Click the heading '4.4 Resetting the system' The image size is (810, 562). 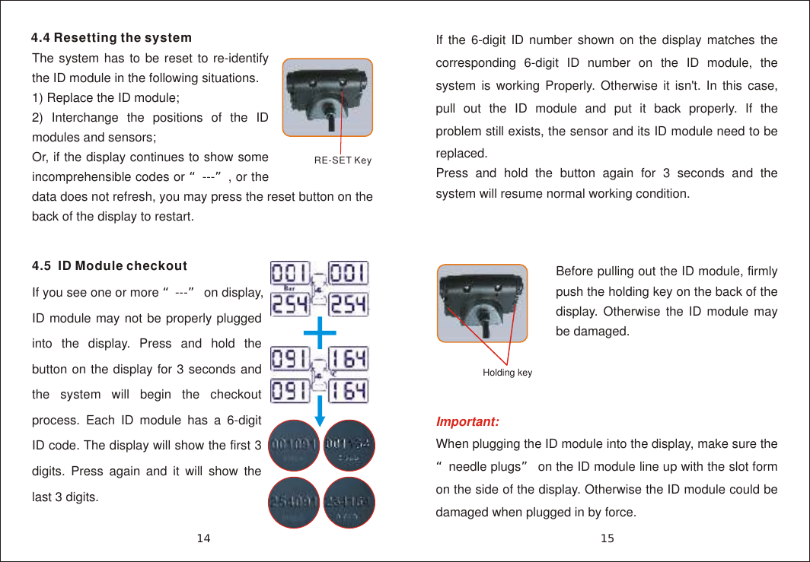[x=111, y=38]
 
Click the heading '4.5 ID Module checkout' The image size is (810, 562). [x=110, y=266]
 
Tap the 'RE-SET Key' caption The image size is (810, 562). [x=343, y=160]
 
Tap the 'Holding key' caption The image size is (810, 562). [x=507, y=373]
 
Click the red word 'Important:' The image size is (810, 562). [x=467, y=421]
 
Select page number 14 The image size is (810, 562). [x=203, y=539]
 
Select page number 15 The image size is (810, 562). [x=607, y=539]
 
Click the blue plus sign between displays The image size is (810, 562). [x=320, y=332]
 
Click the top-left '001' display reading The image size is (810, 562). [x=290, y=272]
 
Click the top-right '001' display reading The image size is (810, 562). [x=350, y=272]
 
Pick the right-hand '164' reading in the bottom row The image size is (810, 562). [x=350, y=391]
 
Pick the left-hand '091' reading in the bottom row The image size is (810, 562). [x=290, y=391]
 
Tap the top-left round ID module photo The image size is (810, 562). [x=295, y=445]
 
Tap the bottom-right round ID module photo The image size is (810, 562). [x=349, y=503]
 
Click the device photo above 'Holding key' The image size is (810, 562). [x=482, y=303]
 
